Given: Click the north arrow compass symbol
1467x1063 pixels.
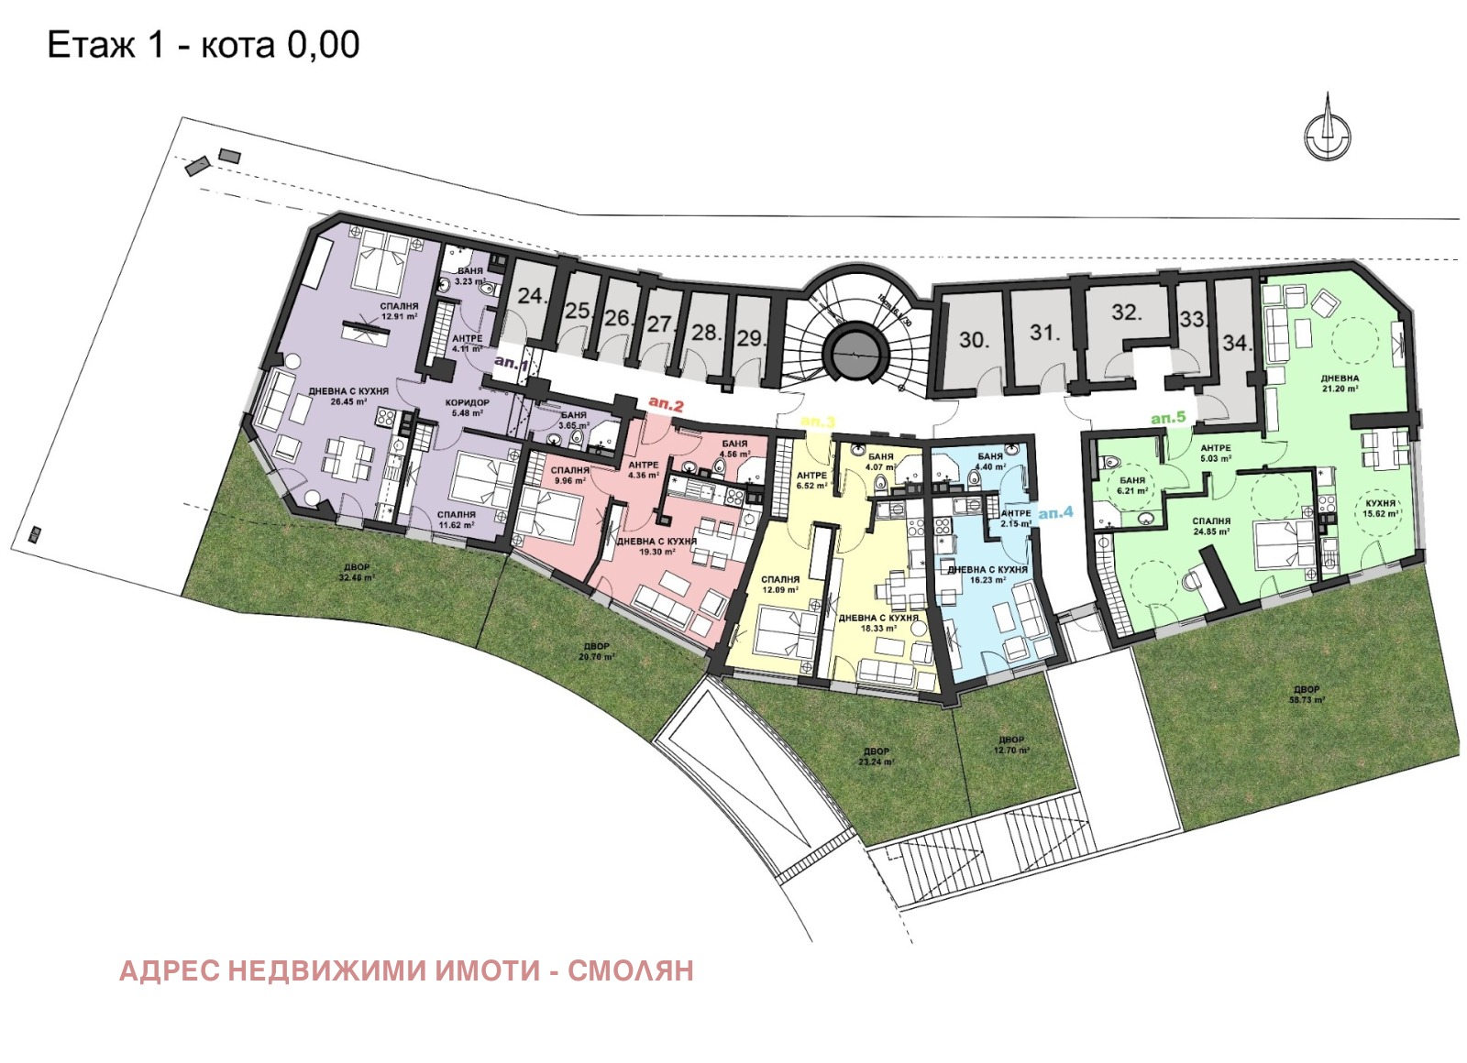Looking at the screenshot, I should (x=1328, y=131).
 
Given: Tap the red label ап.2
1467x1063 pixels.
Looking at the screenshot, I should (x=666, y=404).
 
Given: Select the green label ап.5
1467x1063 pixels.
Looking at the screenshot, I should (x=1168, y=418).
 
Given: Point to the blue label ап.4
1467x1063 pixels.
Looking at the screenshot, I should (x=1055, y=513).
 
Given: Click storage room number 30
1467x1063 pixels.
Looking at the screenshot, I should (x=974, y=340).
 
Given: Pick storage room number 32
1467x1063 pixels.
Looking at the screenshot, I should (x=1126, y=312).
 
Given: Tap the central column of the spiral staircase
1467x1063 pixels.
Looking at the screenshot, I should (x=856, y=349).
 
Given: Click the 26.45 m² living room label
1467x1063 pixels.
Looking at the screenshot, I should (x=348, y=397).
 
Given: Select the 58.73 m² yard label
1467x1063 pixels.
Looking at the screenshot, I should (x=1307, y=695).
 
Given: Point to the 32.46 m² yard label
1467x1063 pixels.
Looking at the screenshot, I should (x=356, y=573).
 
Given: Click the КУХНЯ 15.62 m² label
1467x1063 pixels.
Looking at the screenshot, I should (x=1380, y=509).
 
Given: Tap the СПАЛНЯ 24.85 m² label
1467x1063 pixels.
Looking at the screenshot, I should (x=1211, y=526).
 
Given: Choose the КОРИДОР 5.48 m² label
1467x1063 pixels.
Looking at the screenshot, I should (x=468, y=408).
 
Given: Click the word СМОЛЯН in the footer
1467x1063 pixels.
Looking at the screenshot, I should (x=631, y=970).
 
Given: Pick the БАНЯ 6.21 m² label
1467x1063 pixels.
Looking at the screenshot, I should (x=1132, y=486).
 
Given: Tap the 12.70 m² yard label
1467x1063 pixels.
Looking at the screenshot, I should (x=1011, y=745).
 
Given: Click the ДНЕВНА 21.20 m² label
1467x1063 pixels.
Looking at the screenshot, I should (x=1340, y=383).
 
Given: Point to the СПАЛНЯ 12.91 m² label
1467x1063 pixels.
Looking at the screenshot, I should (x=399, y=312).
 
